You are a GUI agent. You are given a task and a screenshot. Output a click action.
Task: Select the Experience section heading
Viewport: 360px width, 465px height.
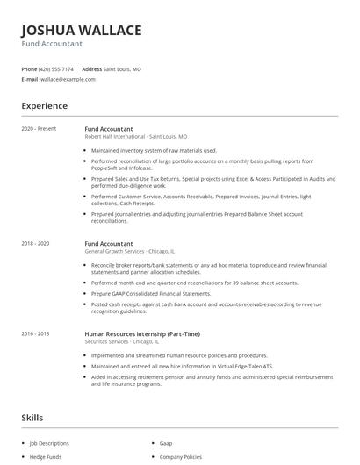coord(45,106)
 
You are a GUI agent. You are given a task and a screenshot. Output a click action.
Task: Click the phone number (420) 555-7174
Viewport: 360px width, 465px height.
coord(57,68)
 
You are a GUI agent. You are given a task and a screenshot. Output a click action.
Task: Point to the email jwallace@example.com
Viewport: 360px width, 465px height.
coord(68,79)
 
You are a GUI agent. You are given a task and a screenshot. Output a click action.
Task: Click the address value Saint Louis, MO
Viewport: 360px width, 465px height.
coord(123,68)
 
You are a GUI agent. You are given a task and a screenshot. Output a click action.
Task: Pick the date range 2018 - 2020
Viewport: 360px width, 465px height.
coord(35,243)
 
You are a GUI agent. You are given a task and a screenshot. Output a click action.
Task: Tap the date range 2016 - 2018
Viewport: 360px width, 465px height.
coord(35,334)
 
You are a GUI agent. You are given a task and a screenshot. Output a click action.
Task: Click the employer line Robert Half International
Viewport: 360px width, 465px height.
coord(136,137)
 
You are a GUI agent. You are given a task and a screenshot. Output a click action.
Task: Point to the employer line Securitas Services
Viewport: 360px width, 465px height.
coord(128,342)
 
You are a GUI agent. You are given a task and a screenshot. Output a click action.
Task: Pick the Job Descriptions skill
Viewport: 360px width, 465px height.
coord(55,445)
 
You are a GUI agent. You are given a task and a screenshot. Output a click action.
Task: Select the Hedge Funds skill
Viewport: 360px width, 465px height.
coord(49,457)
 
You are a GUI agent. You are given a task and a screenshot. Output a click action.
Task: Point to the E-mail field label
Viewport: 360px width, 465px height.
coord(30,79)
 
